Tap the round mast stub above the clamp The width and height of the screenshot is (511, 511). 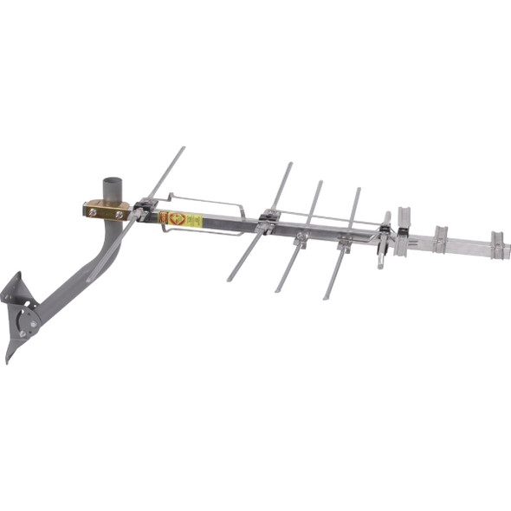(112, 188)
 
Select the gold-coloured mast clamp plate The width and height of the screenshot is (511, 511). (106, 210)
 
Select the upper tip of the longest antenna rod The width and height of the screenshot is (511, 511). (184, 148)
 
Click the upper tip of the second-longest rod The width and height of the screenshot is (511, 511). (291, 164)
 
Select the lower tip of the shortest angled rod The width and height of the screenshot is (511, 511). (327, 297)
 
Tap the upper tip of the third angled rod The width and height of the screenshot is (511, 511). (320, 182)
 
